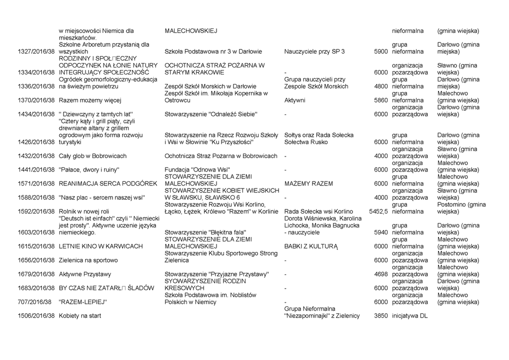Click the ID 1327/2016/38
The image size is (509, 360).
tap(35, 51)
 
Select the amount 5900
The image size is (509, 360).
tap(380, 51)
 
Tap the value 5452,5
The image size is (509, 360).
tap(378, 211)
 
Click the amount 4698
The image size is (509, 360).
tap(380, 274)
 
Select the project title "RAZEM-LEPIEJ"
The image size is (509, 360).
tap(83, 302)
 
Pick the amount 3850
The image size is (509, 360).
tap(380, 316)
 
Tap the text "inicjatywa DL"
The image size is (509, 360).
tap(410, 316)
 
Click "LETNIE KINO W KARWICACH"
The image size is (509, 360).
tap(101, 246)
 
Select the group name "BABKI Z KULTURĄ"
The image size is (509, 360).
tap(311, 246)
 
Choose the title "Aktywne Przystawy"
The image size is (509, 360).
tap(85, 274)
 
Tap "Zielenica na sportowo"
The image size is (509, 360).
tap(88, 260)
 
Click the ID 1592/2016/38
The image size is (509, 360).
tap(35, 211)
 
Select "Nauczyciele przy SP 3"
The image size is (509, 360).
tap(314, 51)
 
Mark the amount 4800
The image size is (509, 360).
tap(380, 86)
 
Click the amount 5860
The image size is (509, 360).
tap(380, 100)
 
